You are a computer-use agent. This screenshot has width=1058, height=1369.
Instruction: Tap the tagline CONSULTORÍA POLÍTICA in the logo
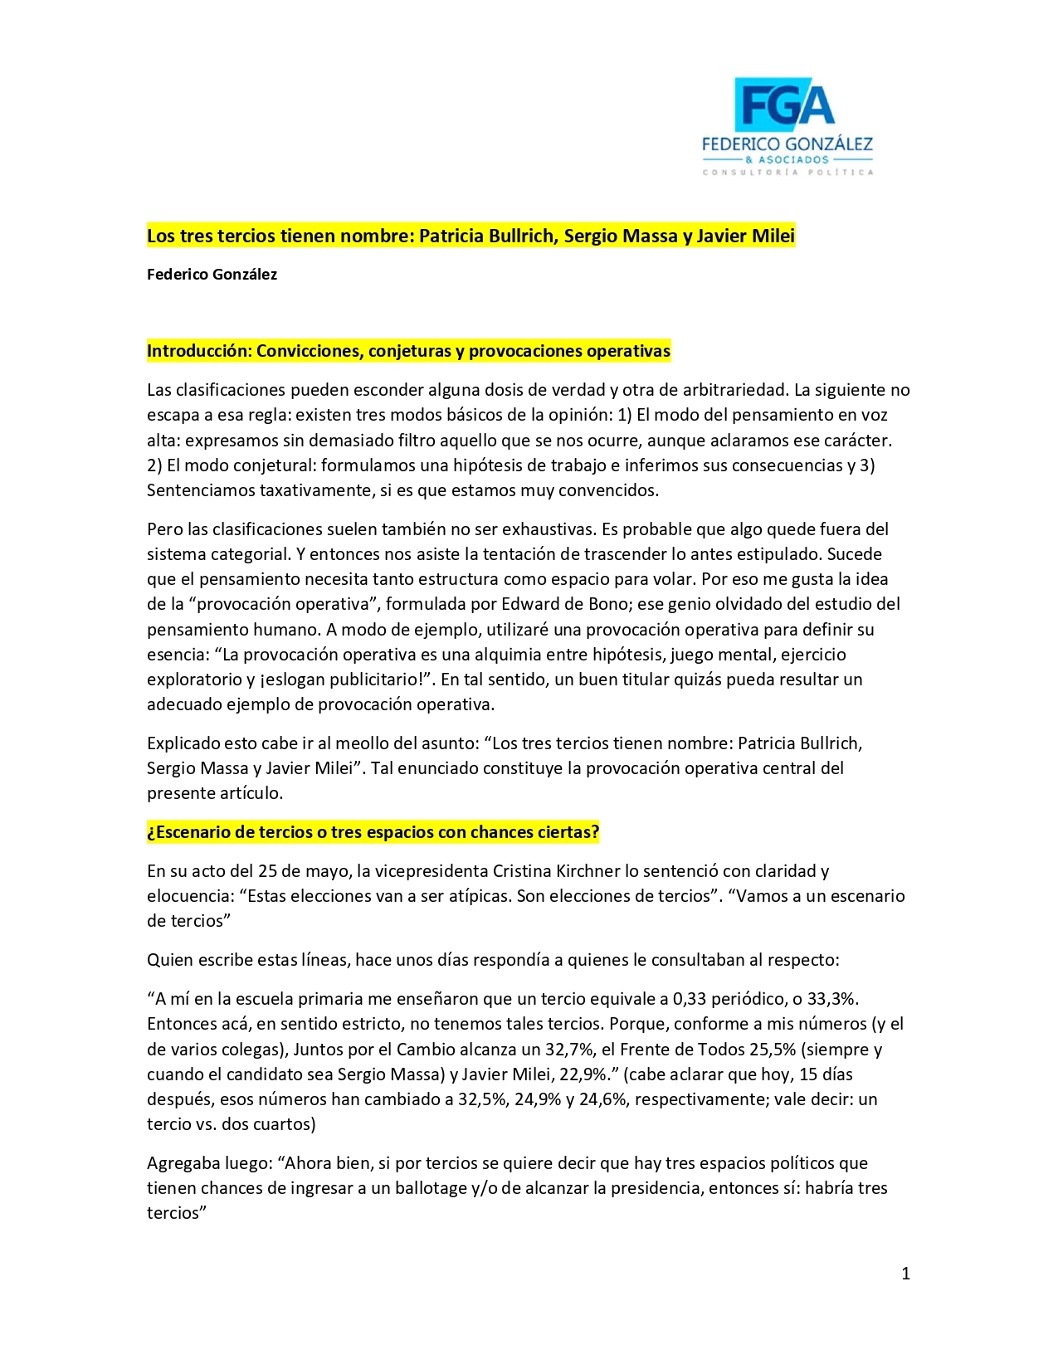(x=787, y=173)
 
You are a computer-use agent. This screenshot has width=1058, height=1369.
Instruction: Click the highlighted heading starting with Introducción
(x=408, y=351)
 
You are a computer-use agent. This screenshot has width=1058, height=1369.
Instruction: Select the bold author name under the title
(x=212, y=275)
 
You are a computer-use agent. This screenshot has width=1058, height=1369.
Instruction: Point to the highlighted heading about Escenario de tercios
(x=373, y=832)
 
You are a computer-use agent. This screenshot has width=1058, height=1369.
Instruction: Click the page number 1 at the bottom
(x=905, y=1274)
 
